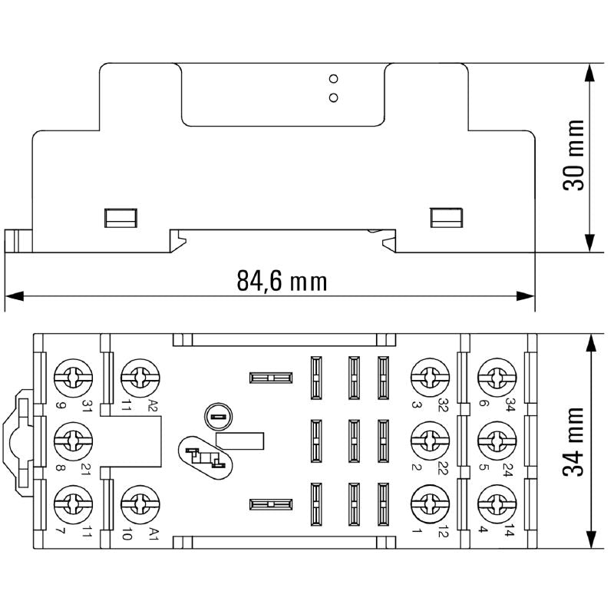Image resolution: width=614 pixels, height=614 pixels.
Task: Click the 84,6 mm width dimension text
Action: (282, 282)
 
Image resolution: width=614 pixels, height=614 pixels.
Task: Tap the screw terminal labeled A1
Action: (140, 503)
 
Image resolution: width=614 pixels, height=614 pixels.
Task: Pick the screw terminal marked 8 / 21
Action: (74, 440)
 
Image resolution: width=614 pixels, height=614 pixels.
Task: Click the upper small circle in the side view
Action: (333, 79)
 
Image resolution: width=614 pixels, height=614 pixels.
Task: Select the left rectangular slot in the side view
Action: (120, 217)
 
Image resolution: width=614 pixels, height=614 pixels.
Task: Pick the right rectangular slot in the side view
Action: (444, 217)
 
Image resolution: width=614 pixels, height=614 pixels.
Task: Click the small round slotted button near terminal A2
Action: (216, 418)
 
